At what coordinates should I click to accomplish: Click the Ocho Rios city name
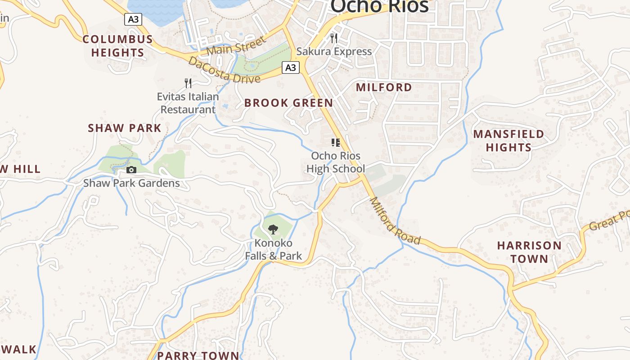pyautogui.click(x=379, y=6)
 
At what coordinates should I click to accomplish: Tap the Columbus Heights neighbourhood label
pyautogui.click(x=118, y=46)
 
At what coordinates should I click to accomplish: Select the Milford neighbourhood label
pyautogui.click(x=384, y=87)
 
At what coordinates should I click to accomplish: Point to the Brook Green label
pyautogui.click(x=288, y=103)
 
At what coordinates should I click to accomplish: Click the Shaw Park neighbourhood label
pyautogui.click(x=124, y=128)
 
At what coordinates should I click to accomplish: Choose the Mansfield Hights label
pyautogui.click(x=508, y=140)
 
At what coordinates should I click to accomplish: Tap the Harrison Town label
pyautogui.click(x=529, y=252)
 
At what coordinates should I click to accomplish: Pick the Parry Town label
pyautogui.click(x=198, y=355)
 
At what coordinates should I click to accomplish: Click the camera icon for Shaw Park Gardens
pyautogui.click(x=131, y=170)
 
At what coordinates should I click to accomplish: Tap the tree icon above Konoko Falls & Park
pyautogui.click(x=273, y=229)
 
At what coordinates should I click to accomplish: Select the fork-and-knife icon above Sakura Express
pyautogui.click(x=334, y=38)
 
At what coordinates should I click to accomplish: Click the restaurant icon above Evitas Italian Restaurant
pyautogui.click(x=188, y=83)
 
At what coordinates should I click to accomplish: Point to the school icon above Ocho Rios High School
pyautogui.click(x=335, y=143)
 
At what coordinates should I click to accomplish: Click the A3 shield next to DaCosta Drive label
pyautogui.click(x=291, y=67)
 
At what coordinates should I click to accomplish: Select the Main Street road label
pyautogui.click(x=237, y=46)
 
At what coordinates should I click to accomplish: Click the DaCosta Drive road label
pyautogui.click(x=224, y=70)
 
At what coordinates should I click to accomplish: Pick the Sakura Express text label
pyautogui.click(x=334, y=51)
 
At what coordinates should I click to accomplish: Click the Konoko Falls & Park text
pyautogui.click(x=273, y=250)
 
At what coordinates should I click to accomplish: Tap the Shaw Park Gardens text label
pyautogui.click(x=131, y=183)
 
